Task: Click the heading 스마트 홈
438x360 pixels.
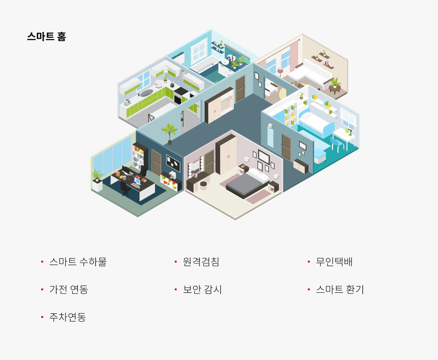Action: tap(46, 37)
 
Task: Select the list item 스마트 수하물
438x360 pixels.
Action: tap(78, 262)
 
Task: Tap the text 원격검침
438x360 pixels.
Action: tap(201, 262)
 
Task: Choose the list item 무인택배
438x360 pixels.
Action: tap(334, 262)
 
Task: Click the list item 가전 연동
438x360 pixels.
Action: tap(69, 289)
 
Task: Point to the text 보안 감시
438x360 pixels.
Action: tap(202, 289)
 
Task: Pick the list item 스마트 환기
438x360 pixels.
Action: tap(340, 289)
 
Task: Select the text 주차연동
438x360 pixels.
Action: tap(68, 317)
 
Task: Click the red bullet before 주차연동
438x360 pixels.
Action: tap(42, 317)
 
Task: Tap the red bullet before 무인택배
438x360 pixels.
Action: tap(309, 262)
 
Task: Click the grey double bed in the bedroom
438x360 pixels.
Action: tap(247, 184)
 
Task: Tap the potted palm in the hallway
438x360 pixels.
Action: tap(169, 134)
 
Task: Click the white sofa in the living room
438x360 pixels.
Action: tap(310, 74)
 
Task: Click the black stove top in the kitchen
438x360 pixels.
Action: tap(181, 91)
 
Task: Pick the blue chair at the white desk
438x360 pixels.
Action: tap(337, 144)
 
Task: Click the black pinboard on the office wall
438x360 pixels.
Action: tap(173, 163)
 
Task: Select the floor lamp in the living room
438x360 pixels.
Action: tap(280, 73)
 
